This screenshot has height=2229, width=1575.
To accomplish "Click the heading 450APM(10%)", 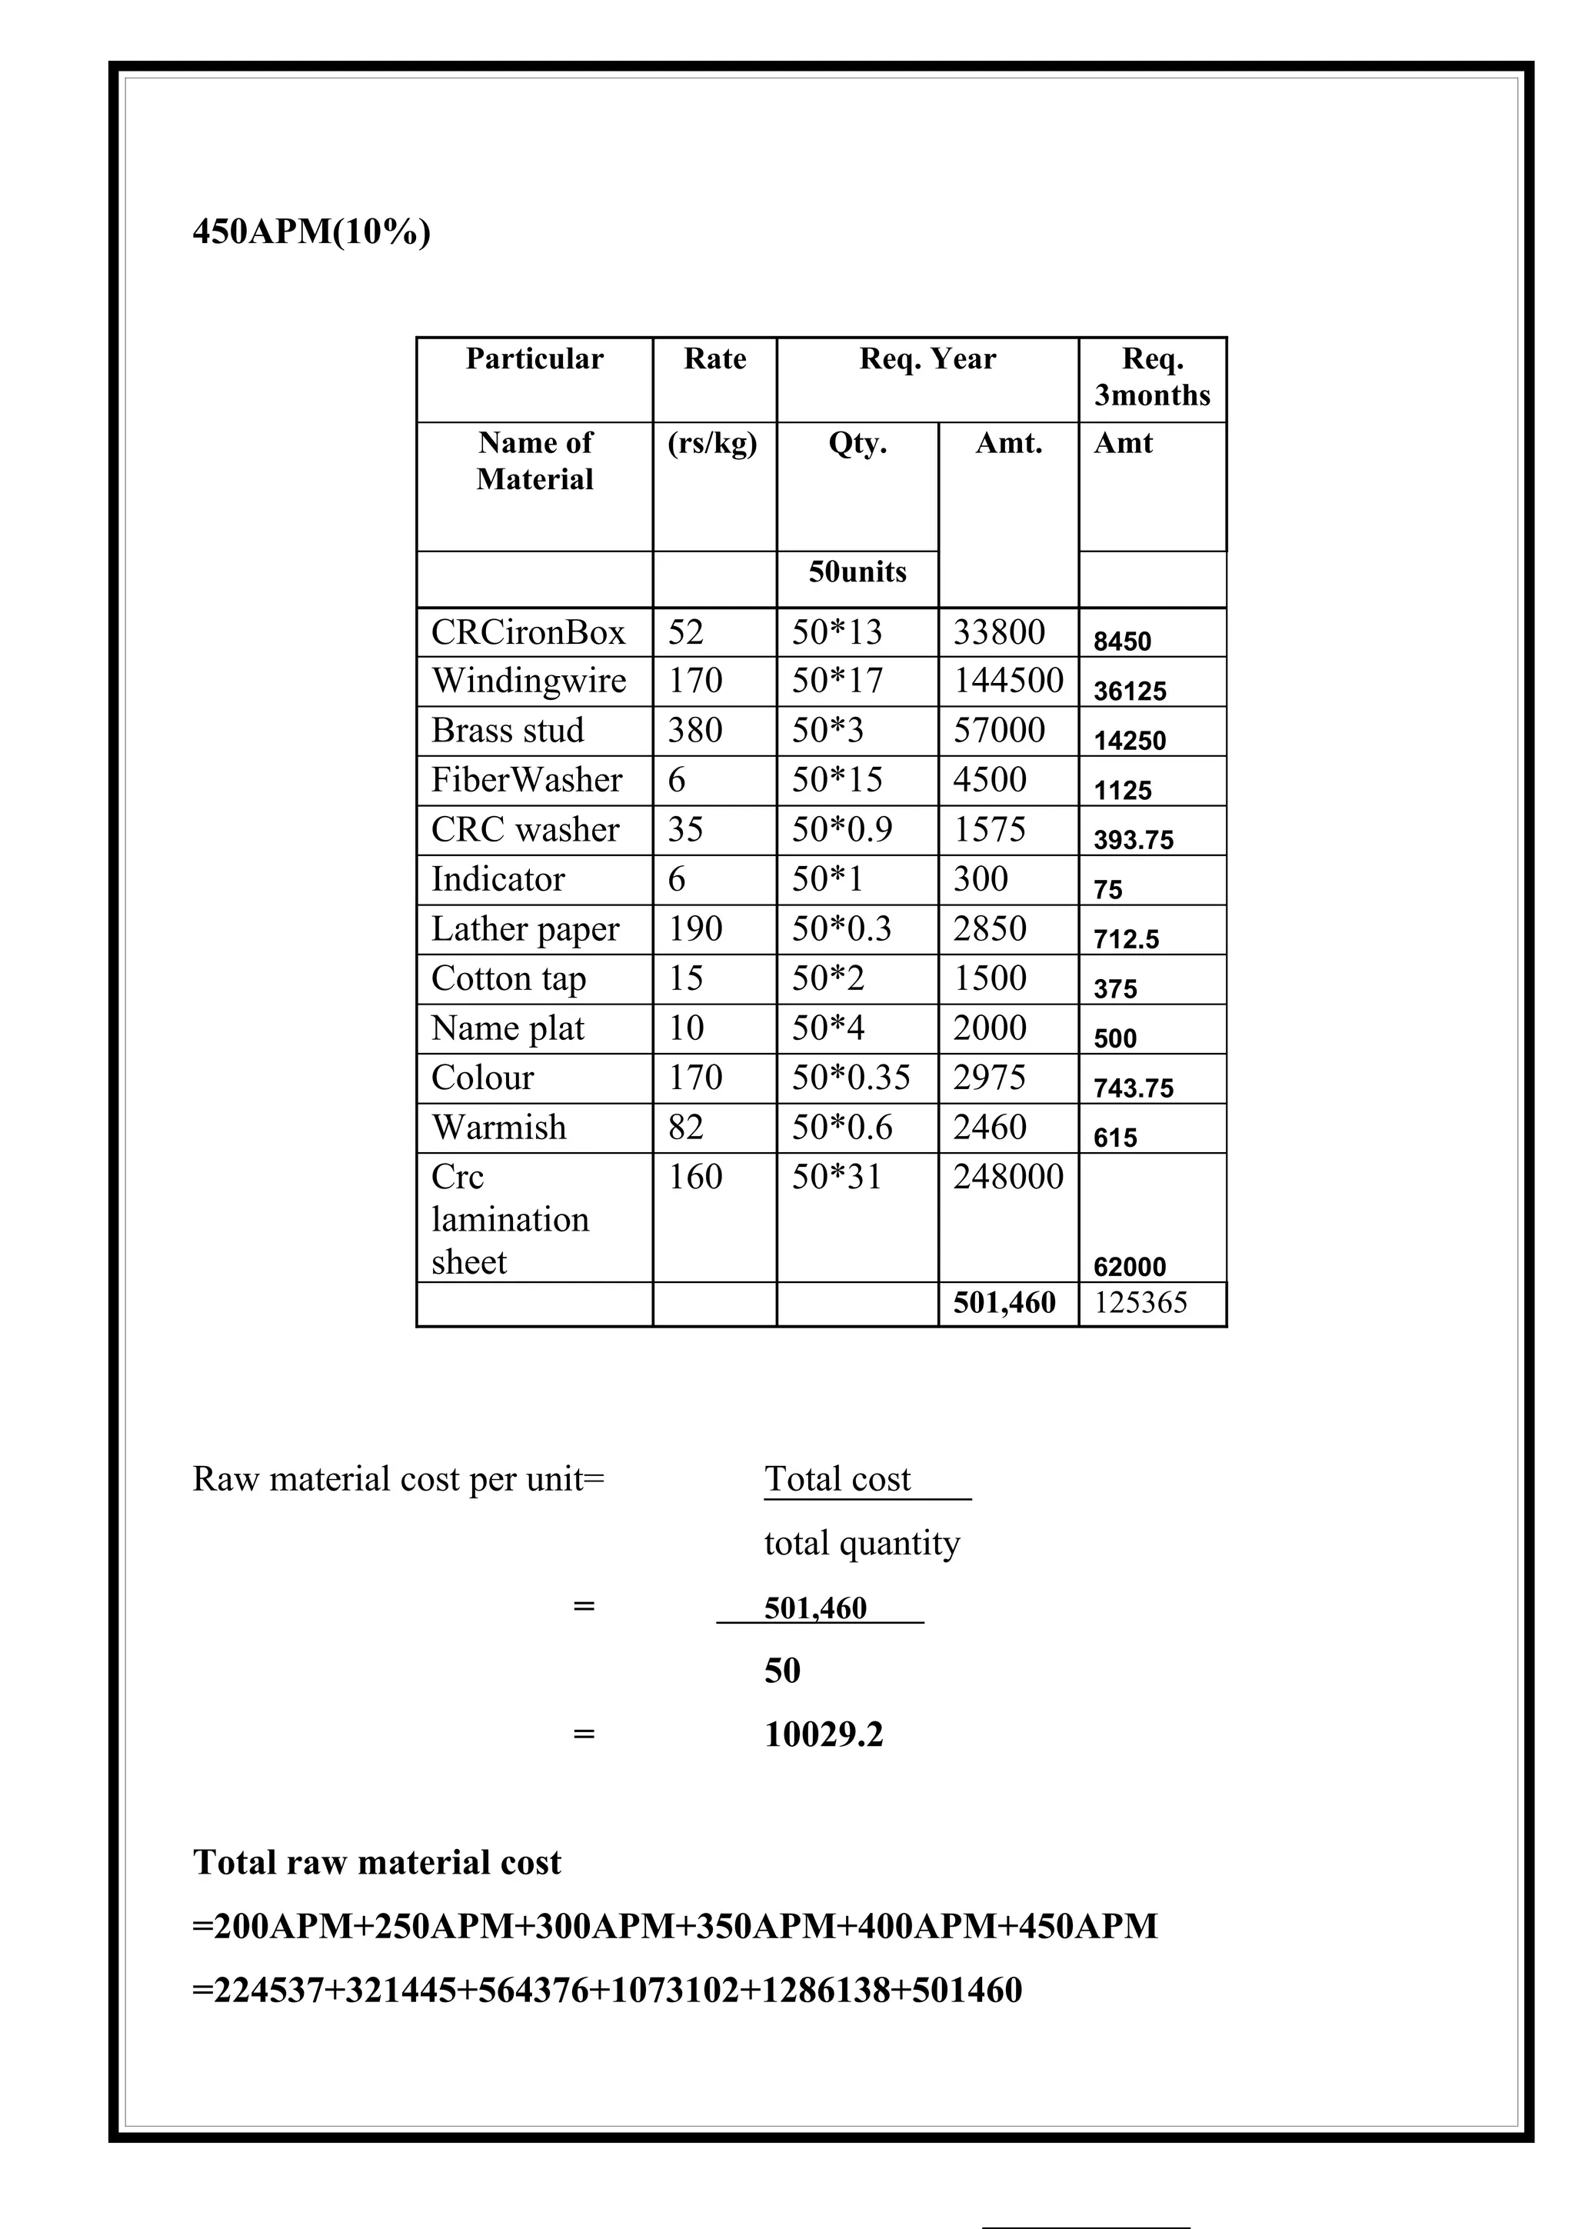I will tap(311, 233).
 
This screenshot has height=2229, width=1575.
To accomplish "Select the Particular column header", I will tap(534, 359).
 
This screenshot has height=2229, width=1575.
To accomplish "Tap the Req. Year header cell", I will tap(927, 359).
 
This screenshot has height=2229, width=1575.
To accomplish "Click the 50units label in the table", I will tap(857, 571).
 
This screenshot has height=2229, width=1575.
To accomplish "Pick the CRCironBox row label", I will tap(528, 633).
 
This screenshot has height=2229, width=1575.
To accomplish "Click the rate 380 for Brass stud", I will tap(694, 731).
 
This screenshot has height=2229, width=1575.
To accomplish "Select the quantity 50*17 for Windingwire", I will tap(837, 681).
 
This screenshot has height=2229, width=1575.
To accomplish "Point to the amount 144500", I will tap(1008, 681).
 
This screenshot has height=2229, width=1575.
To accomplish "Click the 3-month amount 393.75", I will tap(1134, 841).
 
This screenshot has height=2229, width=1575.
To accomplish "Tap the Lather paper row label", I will tap(525, 930).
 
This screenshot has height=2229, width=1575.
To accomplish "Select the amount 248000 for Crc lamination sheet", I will tap(1008, 1178).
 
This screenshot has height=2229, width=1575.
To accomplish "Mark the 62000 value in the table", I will tap(1130, 1267).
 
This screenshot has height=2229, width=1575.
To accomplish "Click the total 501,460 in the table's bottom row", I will tap(1004, 1303).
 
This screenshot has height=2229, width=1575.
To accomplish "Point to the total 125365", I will tap(1140, 1303).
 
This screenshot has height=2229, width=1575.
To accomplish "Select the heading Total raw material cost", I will tap(377, 1863).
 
